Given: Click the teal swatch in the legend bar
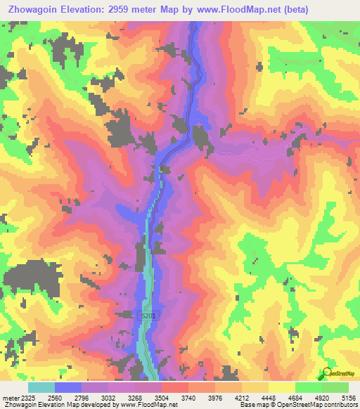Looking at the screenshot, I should tap(41, 387).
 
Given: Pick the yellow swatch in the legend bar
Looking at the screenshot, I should tap(281, 387).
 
